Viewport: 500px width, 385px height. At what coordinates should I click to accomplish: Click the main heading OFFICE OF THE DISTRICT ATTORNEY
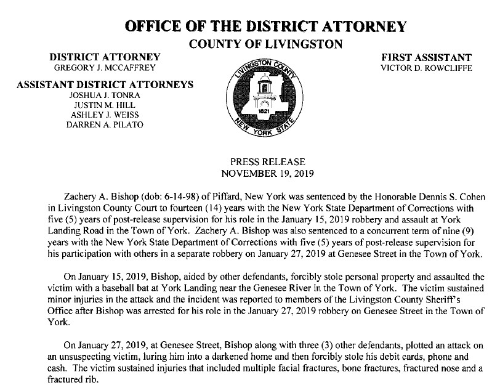pyautogui.click(x=265, y=26)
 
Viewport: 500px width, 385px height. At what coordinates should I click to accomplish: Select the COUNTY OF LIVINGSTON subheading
pyautogui.click(x=266, y=44)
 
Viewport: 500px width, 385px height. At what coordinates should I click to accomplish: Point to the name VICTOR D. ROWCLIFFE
pyautogui.click(x=427, y=67)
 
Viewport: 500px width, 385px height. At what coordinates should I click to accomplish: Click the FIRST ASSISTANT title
pyautogui.click(x=427, y=57)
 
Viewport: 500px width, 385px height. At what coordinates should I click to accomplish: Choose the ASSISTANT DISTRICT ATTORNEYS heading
pyautogui.click(x=105, y=84)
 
